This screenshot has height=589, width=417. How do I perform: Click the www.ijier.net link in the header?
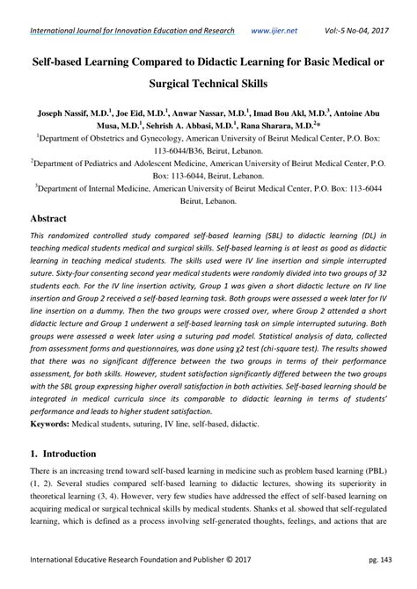coord(274,30)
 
